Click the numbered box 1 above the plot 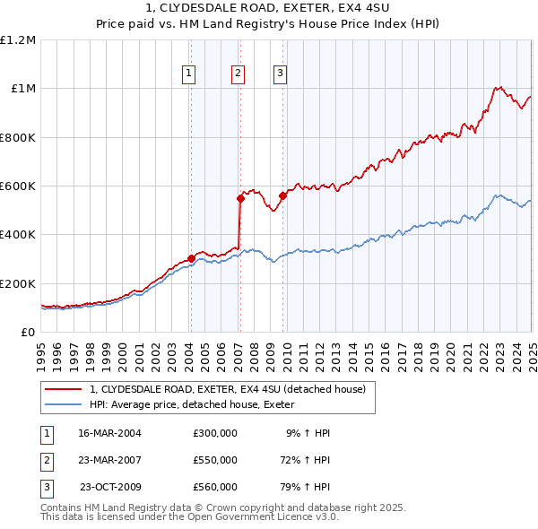coord(190,74)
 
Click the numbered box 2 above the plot coord(239,74)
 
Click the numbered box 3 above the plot coord(280,74)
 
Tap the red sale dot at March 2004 coord(191,259)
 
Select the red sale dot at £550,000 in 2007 coord(240,198)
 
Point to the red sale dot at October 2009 coord(282,195)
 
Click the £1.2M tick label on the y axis coord(18,40)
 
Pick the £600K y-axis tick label coord(18,186)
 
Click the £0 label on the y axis coord(30,332)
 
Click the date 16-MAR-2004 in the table coord(109,433)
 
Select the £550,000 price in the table coord(215,460)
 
